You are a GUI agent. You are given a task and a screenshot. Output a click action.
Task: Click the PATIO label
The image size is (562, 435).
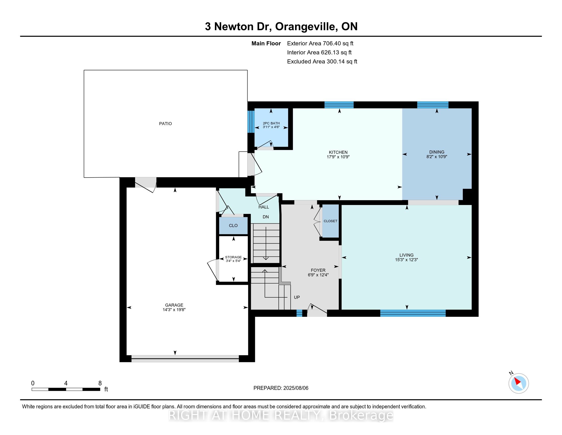165,124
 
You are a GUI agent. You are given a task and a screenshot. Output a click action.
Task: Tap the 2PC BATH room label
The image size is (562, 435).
271,123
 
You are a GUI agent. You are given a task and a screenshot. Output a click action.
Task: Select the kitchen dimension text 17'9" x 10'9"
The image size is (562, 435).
338,157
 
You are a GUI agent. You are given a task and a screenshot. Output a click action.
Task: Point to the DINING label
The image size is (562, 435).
437,152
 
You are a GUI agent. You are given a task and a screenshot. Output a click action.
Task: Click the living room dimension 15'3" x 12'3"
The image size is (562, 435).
406,260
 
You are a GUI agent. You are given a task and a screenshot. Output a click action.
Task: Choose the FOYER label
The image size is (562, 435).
318,270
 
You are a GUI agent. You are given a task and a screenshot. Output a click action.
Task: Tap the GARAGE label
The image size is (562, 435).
174,305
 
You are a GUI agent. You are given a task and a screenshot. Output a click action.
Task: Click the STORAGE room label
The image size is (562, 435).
233,257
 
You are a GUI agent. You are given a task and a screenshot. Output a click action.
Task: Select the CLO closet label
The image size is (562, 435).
233,226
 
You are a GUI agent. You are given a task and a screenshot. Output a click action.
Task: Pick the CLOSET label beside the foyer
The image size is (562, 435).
330,221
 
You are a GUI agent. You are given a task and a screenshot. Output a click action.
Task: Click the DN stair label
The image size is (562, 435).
266,217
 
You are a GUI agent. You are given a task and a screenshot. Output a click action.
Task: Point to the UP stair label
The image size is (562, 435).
297,297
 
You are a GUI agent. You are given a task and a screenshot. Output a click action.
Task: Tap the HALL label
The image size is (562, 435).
264,207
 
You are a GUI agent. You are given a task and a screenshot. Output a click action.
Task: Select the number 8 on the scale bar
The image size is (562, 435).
100,383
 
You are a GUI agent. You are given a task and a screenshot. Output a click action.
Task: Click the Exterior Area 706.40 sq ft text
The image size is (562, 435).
320,43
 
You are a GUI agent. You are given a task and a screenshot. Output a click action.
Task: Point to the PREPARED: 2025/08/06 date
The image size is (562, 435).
281,388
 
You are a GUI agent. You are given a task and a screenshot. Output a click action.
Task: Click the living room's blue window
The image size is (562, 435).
413,313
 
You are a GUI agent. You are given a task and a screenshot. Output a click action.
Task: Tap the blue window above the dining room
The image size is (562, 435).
432,105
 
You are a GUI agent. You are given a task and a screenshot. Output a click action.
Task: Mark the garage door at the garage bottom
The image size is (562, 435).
185,358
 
